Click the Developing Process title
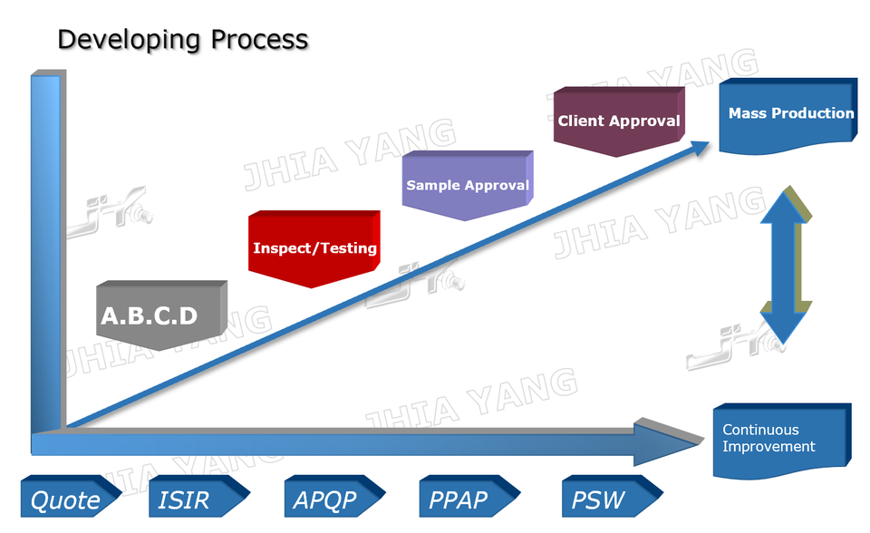pyautogui.click(x=182, y=40)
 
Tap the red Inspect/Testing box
pyautogui.click(x=314, y=247)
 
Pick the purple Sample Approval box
pyautogui.click(x=467, y=185)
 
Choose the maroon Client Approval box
pyautogui.click(x=618, y=121)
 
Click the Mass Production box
pyautogui.click(x=788, y=114)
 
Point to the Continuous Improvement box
pyautogui.click(x=781, y=439)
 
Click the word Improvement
pyautogui.click(x=768, y=447)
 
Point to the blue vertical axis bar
pyautogui.click(x=45, y=254)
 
